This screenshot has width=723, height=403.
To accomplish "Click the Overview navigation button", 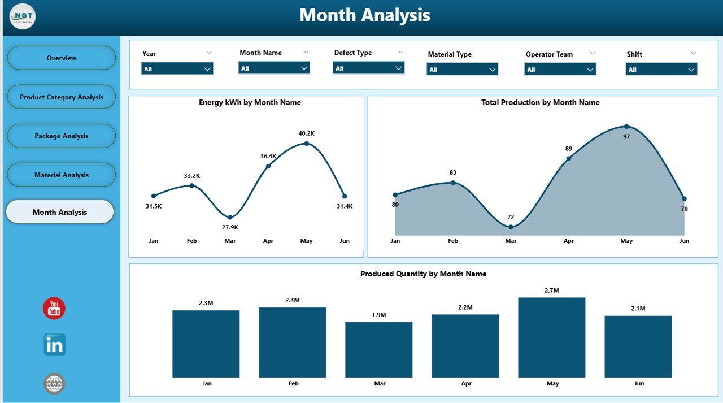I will click(x=61, y=58).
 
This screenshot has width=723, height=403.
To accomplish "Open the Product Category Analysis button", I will click(x=61, y=97).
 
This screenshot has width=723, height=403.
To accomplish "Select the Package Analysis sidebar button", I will click(x=61, y=136).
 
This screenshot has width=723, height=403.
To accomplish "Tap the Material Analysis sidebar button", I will click(x=61, y=175).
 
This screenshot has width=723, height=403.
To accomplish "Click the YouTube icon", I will click(x=54, y=308).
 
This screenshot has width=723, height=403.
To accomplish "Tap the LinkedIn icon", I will click(x=55, y=345).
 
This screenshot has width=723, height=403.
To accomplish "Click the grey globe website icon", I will click(x=55, y=384).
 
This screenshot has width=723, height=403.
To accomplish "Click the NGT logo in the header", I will click(x=23, y=16).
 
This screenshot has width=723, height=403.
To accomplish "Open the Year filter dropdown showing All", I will click(x=177, y=69).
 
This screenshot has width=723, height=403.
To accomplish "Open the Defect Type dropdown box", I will click(x=368, y=68).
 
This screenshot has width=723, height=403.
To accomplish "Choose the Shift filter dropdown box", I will click(x=661, y=70).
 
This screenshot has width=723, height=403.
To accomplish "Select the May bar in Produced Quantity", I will click(x=552, y=337).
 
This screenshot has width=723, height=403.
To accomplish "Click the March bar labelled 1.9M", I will click(x=379, y=349).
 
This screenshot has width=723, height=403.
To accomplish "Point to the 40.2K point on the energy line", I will click(x=307, y=144).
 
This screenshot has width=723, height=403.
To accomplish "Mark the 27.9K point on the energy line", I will click(x=230, y=217).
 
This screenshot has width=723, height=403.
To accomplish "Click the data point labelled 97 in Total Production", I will click(x=626, y=127).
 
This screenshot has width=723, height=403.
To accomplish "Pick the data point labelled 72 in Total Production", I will click(x=511, y=227).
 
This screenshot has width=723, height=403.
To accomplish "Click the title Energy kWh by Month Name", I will click(x=250, y=103).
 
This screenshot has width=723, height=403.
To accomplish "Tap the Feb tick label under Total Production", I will click(x=453, y=241).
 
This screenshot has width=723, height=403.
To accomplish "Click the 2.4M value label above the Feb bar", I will click(x=293, y=300).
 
